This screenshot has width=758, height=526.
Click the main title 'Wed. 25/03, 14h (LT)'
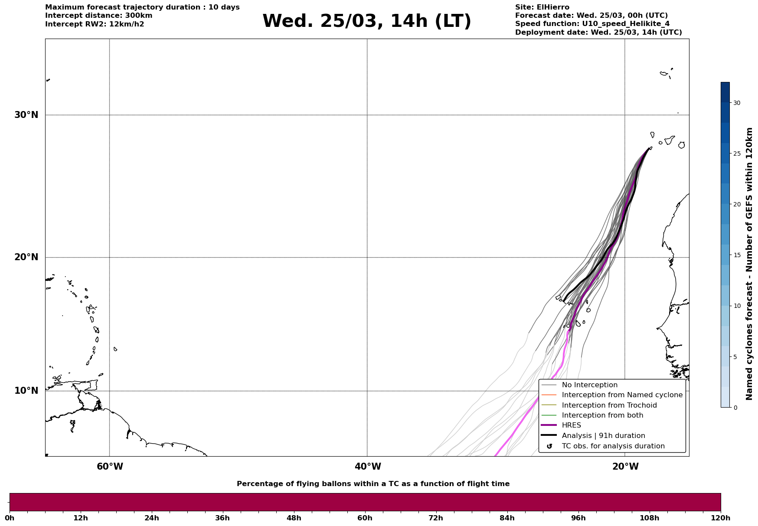366,21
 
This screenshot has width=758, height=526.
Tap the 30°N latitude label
26,115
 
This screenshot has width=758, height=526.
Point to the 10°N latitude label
26,391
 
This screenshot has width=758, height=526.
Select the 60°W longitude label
110,467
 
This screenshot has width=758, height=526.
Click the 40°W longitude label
368,467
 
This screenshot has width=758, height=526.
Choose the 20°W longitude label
625,467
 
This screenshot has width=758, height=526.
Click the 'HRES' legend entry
571,425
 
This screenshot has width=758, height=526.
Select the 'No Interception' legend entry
589,385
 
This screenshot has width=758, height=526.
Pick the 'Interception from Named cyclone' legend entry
622,395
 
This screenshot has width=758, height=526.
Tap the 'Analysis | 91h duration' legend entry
603,436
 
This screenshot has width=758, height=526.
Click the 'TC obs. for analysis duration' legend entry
613,446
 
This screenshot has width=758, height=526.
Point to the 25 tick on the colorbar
736,154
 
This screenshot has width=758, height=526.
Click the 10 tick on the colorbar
736,306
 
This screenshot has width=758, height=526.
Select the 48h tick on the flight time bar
294,518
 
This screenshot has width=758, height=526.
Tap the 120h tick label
721,518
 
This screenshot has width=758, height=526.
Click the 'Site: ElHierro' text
542,7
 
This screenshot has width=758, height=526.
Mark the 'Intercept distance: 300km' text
98,16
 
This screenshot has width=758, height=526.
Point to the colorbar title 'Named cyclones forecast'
749,264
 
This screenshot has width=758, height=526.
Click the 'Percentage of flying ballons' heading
373,484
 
